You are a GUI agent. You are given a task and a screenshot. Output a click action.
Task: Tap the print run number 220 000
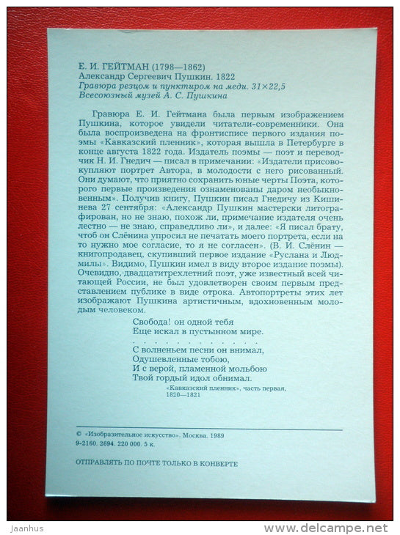click(x=129, y=444)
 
